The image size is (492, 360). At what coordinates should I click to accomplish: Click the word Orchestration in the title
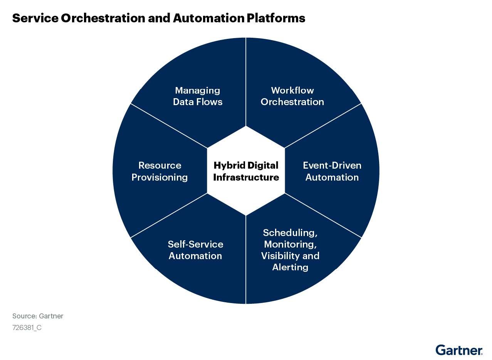coord(103,18)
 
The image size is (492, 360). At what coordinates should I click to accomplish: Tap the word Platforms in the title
coord(276,18)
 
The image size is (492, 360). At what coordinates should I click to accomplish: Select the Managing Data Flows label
coord(198,96)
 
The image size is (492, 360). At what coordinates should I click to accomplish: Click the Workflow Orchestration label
coord(292,96)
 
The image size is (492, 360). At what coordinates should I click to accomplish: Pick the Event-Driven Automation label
coord(332,171)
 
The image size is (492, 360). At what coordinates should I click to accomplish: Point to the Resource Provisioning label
coord(160,172)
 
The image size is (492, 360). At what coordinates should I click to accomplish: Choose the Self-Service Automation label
coord(195,250)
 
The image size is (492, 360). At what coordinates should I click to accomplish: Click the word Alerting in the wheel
coord(290,267)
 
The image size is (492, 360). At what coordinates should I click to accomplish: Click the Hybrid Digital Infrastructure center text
coord(246,171)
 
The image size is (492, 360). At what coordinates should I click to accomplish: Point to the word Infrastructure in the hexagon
coord(246,177)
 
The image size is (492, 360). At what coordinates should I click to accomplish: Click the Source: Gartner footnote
coord(38,316)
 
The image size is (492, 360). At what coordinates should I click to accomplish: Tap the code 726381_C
coord(27,328)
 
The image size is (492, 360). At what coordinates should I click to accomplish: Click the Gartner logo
coord(459,350)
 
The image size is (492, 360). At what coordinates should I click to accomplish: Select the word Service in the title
coord(35,18)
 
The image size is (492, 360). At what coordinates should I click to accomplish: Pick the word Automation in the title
coord(209,18)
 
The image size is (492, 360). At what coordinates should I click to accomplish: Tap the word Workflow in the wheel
coord(292,90)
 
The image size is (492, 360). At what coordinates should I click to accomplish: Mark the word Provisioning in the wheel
coord(160,177)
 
